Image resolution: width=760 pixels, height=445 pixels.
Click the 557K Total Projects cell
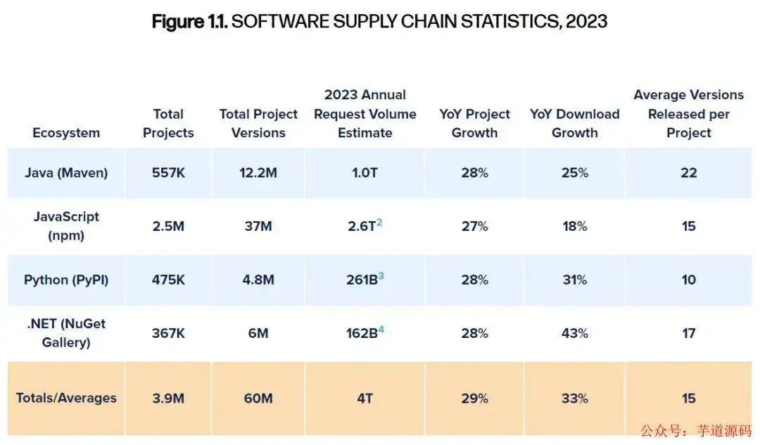point(168,173)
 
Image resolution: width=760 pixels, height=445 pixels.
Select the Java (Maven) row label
point(66,173)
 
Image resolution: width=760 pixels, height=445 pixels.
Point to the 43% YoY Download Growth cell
point(574,333)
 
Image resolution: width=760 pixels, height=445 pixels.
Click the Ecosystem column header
point(66,133)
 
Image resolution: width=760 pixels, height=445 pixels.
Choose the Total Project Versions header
point(258,123)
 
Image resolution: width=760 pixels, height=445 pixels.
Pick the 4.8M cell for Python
point(258,280)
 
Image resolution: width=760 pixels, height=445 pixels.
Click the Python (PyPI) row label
point(66,280)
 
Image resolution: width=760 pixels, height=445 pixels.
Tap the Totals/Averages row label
point(66,399)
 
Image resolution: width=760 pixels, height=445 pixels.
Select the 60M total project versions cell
point(258,399)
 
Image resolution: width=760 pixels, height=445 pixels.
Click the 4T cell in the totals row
point(365,399)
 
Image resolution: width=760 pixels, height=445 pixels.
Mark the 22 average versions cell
point(688,173)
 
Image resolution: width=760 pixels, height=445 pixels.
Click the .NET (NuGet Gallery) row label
point(66,333)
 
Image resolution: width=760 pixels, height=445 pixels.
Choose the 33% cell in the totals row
point(574,399)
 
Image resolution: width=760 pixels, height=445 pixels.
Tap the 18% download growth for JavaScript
point(574,226)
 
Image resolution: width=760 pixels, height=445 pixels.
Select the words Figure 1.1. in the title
point(188,21)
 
